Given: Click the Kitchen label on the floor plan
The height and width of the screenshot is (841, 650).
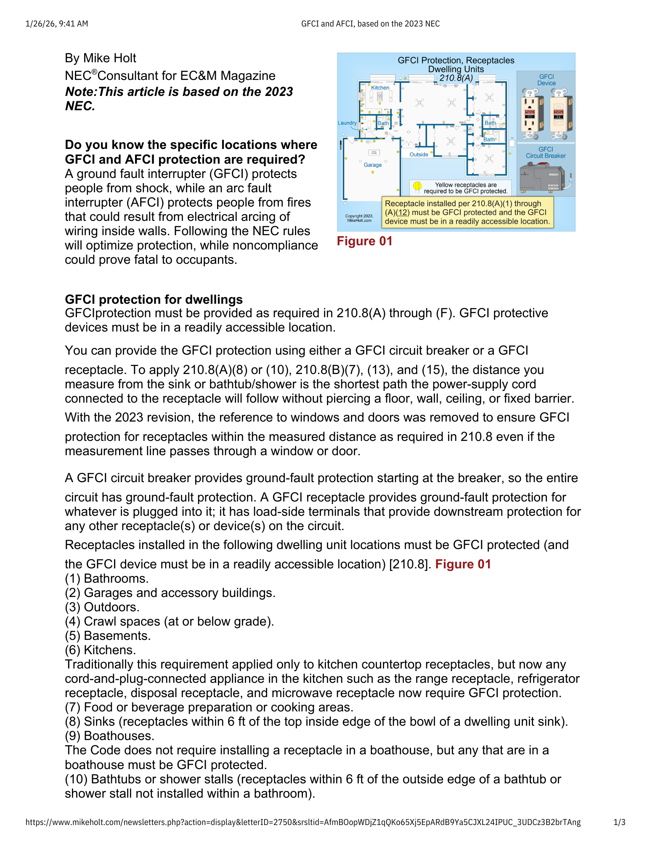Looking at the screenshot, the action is pos(380,88).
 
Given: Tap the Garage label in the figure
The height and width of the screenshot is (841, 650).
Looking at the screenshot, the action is pos(373,165).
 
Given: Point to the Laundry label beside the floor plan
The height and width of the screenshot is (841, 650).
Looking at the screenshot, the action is pos(347,123).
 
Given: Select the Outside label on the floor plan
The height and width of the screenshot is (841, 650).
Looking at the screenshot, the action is pos(419,154).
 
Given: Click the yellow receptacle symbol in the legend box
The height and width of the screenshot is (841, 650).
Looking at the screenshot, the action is pos(417,186).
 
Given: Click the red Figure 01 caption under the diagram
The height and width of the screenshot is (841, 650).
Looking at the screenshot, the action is pos(364,241).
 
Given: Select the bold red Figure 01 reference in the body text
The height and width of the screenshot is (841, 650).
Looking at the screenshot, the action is pos(463,564).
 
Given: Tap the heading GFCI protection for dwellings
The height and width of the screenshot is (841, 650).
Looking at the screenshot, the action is pos(154,300).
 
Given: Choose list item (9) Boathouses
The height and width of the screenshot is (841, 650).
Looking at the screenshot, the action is pos(109,736).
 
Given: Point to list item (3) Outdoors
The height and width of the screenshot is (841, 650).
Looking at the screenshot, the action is pos(102,607).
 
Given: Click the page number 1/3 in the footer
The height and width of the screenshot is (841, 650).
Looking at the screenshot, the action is pos(619,822).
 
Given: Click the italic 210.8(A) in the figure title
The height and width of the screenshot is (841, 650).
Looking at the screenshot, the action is pos(456,78).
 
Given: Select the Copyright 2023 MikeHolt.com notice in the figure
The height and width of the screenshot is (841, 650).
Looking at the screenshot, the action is pos(359,218).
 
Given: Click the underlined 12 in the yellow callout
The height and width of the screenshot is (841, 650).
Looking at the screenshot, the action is pos(402,212).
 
